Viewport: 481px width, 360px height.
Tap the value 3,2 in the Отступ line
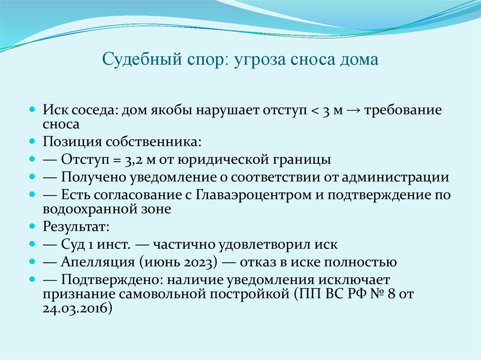pos(135,160)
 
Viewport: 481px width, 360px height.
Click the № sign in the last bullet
pos(376,294)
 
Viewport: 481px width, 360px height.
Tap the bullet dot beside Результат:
pos(32,226)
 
